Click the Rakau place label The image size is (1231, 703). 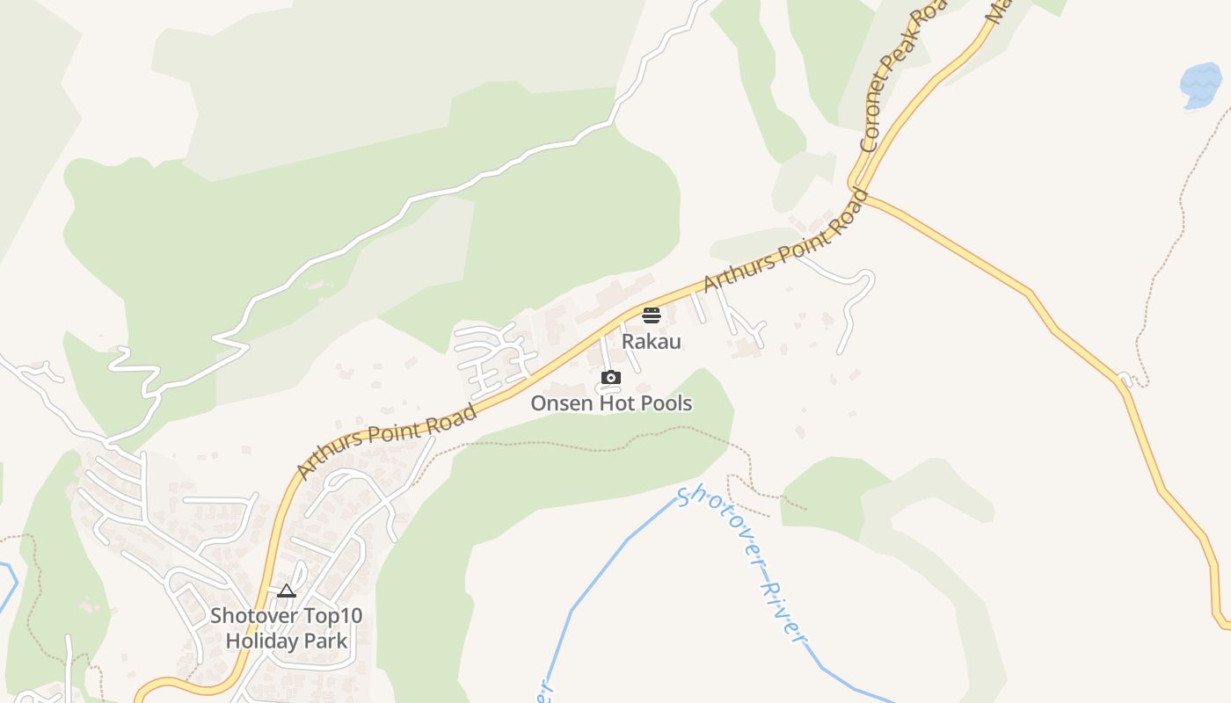point(652,341)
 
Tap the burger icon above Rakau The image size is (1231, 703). point(652,315)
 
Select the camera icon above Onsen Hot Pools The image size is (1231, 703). point(611,378)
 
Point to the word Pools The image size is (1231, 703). point(664,404)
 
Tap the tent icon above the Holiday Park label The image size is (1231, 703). point(287,591)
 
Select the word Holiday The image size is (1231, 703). point(261,641)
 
